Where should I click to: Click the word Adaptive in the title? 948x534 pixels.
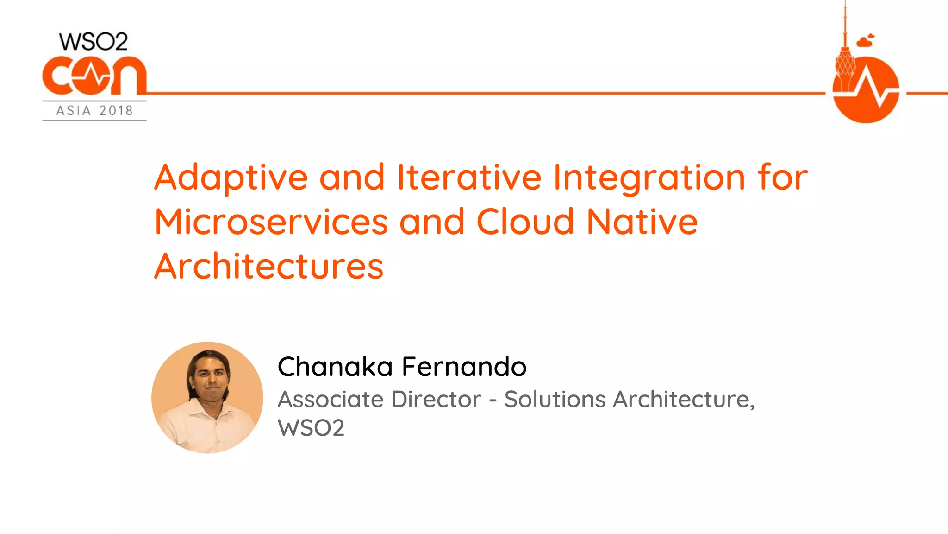pos(231,178)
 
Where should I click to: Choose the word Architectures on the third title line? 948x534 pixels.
pos(269,267)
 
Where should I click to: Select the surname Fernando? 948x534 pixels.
pos(464,367)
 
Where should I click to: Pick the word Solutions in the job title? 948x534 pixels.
pos(555,399)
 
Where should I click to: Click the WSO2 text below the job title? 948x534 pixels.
pos(311,428)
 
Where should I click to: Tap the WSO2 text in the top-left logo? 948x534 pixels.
pos(94,42)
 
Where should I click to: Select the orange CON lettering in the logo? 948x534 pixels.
pos(94,76)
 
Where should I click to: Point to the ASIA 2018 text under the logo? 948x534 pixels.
pos(94,111)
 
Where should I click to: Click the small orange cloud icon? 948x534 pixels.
pos(865,41)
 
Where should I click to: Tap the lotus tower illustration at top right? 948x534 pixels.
pos(845,56)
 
